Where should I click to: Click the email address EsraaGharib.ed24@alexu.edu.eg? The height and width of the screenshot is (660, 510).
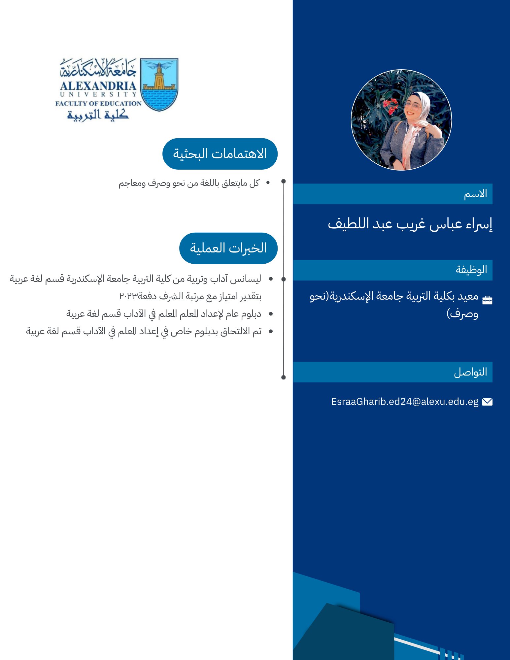pyautogui.click(x=405, y=402)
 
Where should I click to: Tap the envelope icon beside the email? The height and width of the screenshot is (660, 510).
pyautogui.click(x=487, y=402)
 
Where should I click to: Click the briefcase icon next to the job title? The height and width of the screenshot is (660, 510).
pyautogui.click(x=487, y=300)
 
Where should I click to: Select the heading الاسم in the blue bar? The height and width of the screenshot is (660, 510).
pyautogui.click(x=475, y=194)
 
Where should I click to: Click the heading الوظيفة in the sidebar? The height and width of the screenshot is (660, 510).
pyautogui.click(x=471, y=270)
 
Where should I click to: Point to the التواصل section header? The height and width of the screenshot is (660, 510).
pyautogui.click(x=470, y=372)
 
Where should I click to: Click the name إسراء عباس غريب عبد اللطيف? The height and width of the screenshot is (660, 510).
pyautogui.click(x=410, y=224)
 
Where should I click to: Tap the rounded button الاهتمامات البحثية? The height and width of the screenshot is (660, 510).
pyautogui.click(x=220, y=154)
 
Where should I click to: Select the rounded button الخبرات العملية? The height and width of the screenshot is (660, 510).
pyautogui.click(x=228, y=248)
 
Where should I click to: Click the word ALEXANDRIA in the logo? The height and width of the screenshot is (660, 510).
pyautogui.click(x=98, y=86)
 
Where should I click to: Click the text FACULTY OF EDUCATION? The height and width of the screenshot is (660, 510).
pyautogui.click(x=98, y=104)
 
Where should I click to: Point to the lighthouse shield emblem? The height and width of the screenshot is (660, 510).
pyautogui.click(x=159, y=84)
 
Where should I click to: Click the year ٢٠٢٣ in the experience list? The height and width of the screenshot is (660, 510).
pyautogui.click(x=128, y=296)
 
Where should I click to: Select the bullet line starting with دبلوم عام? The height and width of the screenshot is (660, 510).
pyautogui.click(x=164, y=314)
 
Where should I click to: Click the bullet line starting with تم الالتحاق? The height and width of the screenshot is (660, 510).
pyautogui.click(x=144, y=331)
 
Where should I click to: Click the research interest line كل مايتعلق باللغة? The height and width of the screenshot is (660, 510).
pyautogui.click(x=189, y=183)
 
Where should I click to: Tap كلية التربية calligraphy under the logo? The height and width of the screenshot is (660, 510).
pyautogui.click(x=98, y=115)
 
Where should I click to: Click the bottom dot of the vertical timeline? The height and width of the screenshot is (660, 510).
pyautogui.click(x=284, y=377)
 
